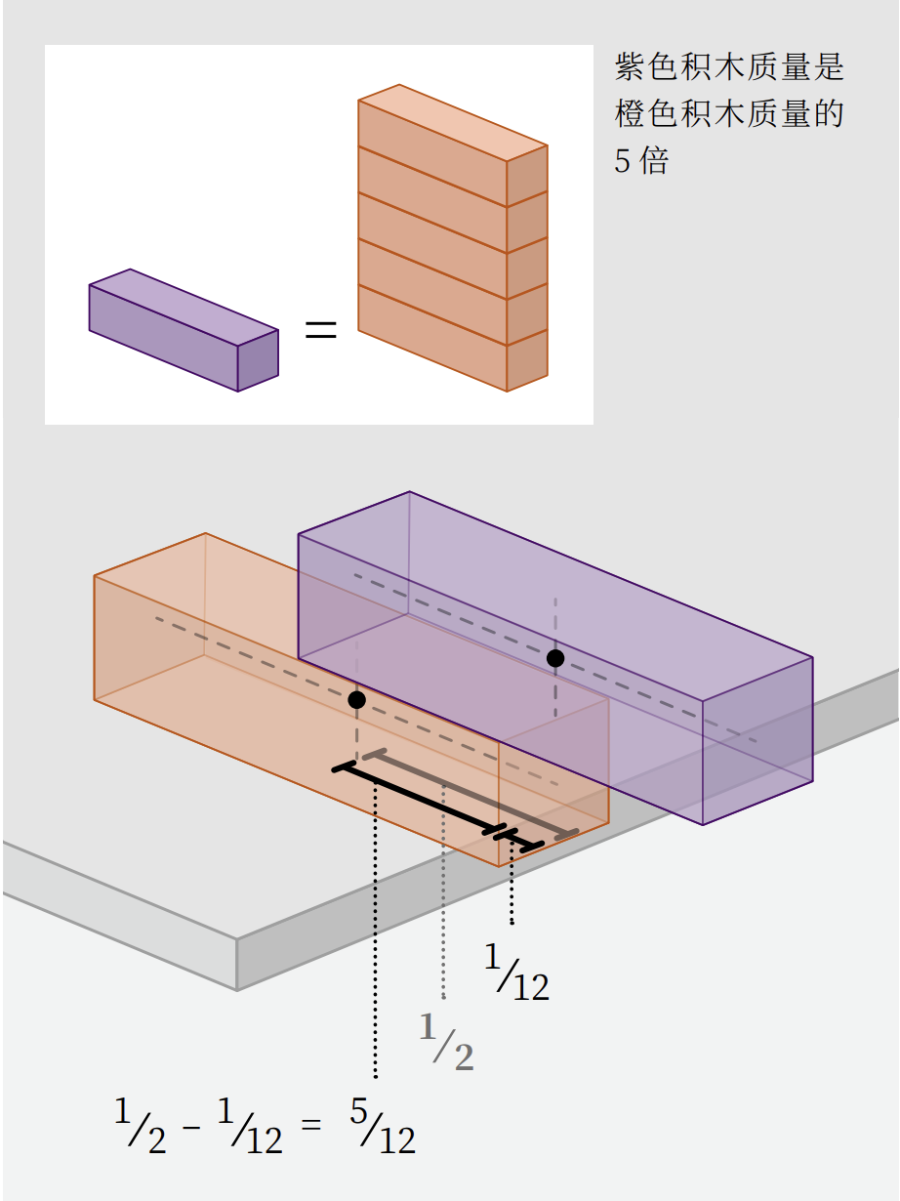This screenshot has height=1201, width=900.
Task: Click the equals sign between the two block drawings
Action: [320, 329]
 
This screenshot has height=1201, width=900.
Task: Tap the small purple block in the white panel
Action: [184, 330]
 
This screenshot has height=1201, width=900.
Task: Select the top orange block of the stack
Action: [453, 145]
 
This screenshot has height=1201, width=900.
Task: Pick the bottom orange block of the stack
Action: [453, 338]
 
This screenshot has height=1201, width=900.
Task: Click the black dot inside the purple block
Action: [555, 658]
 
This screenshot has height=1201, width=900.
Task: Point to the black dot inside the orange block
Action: [356, 700]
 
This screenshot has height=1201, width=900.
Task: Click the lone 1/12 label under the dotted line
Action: [516, 973]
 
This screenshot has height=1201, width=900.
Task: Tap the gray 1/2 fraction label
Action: [446, 1041]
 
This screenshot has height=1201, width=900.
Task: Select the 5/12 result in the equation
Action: [383, 1126]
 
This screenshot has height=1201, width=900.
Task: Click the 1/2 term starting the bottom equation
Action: [140, 1126]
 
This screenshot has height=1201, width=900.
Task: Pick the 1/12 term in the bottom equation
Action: [250, 1126]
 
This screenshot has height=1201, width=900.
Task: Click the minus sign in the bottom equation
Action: [191, 1128]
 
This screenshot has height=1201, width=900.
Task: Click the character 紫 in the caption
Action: [631, 66]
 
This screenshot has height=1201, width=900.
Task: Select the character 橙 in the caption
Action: [631, 114]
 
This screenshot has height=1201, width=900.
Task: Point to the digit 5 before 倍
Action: [622, 161]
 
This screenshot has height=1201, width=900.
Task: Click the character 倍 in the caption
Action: [654, 161]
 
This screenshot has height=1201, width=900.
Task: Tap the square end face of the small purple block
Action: [258, 360]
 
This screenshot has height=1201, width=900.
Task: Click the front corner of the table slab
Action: [237, 940]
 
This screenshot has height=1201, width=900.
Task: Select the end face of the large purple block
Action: [757, 741]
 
